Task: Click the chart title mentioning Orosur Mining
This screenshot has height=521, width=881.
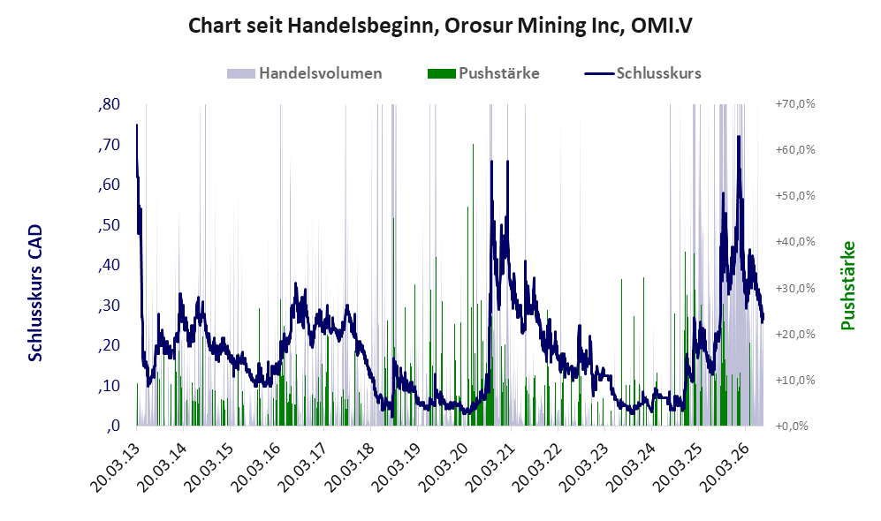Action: coord(440,26)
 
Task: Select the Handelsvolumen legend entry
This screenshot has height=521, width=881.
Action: coord(305,73)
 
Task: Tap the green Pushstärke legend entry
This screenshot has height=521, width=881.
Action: coord(483,73)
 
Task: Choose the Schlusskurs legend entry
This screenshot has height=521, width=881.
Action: coord(642,73)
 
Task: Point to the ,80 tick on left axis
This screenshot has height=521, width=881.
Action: coord(109,104)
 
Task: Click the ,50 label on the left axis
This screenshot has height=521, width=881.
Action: coord(109,225)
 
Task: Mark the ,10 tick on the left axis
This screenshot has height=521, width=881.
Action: coord(109,386)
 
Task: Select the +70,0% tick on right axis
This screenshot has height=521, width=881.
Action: coord(795,104)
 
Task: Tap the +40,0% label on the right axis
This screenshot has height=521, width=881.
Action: coord(795,241)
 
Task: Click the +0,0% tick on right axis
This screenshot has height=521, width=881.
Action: coord(793,426)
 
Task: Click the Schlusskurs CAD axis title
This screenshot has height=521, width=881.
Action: coord(35,292)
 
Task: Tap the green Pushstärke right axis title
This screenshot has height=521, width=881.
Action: coord(847,285)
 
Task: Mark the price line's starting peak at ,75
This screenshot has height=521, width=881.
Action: coord(137,125)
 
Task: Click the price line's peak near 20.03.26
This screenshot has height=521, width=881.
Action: coord(739,136)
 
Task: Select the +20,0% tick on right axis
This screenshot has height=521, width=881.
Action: coord(795,334)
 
